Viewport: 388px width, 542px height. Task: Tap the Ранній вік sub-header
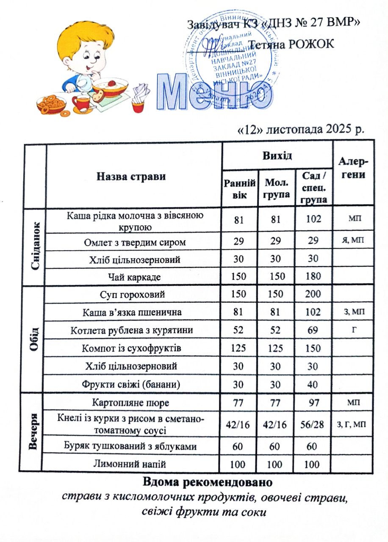click(240, 189)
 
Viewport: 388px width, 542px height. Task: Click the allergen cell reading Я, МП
click(353, 241)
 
